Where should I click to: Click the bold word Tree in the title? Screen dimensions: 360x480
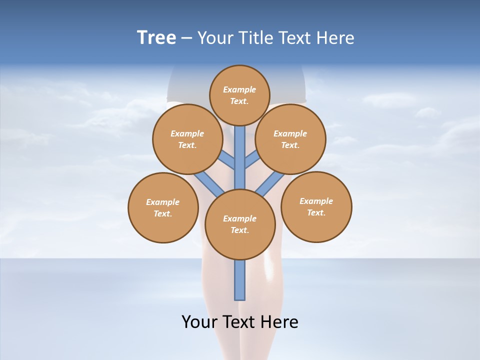pos(156,38)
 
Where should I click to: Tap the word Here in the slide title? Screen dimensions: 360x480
pos(335,38)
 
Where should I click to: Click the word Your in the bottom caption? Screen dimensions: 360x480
pos(199,321)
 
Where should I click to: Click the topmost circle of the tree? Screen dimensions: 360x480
pos(239,95)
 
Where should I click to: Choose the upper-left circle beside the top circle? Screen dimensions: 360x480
pos(187,139)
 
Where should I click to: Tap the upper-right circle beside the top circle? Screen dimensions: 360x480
pos(290,139)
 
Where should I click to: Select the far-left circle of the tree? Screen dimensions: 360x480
pos(163,207)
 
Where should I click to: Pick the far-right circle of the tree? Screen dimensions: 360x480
pos(316,206)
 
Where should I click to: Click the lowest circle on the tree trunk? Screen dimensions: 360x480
pos(240,224)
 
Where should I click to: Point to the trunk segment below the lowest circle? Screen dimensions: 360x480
pos(240,280)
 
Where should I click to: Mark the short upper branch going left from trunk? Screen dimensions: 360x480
pos(228,160)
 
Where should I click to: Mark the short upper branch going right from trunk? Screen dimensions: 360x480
pos(252,160)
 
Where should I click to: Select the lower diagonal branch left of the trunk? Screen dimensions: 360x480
pos(209,183)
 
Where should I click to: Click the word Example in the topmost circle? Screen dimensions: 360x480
pos(239,89)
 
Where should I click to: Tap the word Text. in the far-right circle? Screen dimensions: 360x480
pos(316,212)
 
